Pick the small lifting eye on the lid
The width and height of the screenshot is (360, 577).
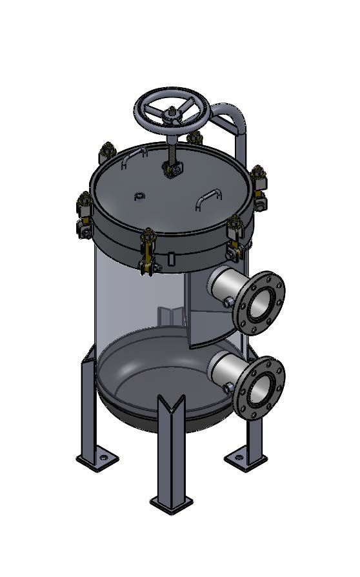click(139, 196)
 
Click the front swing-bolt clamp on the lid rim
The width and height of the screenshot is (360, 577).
click(148, 248)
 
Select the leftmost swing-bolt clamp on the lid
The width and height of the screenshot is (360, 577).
click(85, 213)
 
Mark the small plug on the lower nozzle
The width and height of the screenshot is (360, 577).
click(227, 387)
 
